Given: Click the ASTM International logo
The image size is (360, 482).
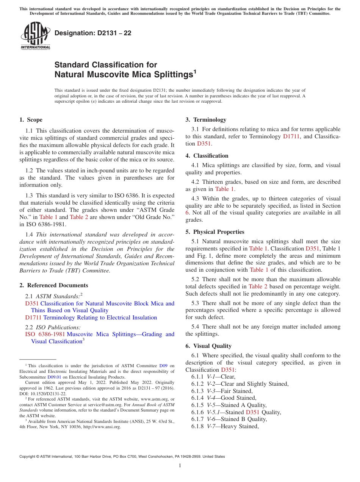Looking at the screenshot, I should (35, 36).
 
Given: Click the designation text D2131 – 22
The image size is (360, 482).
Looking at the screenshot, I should (93, 33).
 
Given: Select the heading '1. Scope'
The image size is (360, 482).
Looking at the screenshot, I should (31, 120).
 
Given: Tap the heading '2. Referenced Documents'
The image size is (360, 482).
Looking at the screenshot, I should (54, 285).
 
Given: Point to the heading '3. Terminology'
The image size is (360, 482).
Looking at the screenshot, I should (206, 120).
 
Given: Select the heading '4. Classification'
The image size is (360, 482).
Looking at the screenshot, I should (207, 156).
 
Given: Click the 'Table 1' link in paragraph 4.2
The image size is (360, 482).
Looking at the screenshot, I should (225, 189).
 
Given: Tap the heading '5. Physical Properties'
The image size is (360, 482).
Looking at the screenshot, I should (215, 232).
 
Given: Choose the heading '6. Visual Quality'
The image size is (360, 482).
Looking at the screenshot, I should (208, 346).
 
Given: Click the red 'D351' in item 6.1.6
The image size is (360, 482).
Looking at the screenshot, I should (252, 412).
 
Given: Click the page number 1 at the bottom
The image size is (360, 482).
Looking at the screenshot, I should (180, 466).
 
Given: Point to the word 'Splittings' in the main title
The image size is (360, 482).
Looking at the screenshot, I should (172, 75).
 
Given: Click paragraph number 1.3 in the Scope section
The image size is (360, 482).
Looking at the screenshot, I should (30, 196).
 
